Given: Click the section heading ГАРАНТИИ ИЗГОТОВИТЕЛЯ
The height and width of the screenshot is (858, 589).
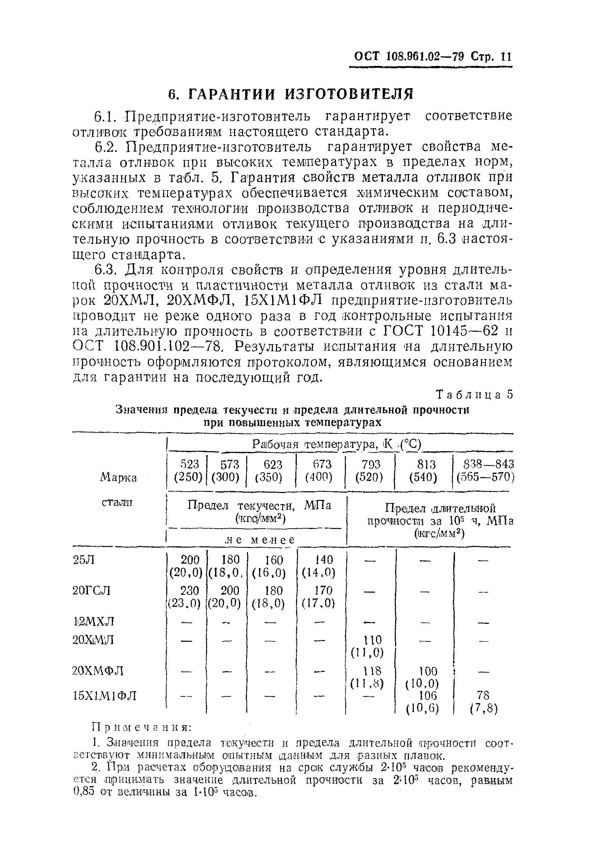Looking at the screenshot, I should (291, 94).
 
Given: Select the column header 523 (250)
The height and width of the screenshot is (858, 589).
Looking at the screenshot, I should (189, 471).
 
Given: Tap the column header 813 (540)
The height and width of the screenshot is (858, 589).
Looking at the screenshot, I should (423, 471).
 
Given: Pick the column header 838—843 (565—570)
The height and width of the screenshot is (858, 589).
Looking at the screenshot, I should (485, 471).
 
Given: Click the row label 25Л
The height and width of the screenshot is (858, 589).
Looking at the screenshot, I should (84, 560).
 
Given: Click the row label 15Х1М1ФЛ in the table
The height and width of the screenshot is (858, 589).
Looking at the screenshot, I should (105, 695).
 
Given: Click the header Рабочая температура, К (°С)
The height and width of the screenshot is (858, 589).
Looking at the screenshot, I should (337, 444).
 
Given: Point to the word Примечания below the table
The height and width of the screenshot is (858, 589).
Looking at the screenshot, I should (141, 727).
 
